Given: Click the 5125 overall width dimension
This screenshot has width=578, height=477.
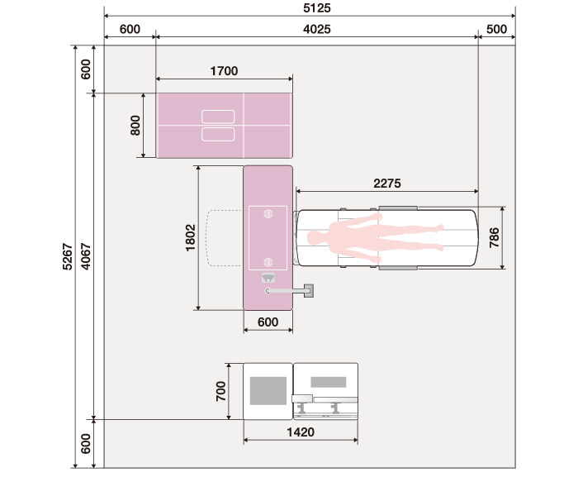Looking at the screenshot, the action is [316, 7].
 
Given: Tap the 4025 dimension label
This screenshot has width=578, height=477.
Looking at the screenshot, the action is [316, 29].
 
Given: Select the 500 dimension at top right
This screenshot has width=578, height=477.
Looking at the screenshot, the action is [496, 29].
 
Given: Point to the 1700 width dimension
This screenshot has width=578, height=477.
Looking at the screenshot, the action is [224, 71].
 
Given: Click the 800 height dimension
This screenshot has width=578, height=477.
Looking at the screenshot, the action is [135, 126].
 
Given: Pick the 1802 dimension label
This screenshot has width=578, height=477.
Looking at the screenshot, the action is [190, 238].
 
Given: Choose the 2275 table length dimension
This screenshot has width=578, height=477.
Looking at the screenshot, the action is [387, 184].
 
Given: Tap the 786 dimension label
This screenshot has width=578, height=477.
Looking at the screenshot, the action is [494, 238].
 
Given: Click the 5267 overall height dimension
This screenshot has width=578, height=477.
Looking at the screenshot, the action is [68, 256].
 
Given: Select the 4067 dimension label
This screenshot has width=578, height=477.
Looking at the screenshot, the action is [86, 256].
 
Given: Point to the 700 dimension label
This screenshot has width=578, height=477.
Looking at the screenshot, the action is [220, 391].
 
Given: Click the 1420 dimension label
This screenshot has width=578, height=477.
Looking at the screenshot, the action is [301, 432].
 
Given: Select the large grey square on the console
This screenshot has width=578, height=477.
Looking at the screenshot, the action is [268, 390].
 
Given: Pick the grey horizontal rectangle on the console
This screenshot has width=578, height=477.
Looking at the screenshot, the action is [329, 382].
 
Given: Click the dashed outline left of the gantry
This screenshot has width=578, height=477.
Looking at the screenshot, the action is [207, 238].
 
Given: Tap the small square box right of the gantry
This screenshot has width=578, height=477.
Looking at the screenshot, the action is [309, 290].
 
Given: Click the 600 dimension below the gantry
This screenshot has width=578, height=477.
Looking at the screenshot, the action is [268, 322].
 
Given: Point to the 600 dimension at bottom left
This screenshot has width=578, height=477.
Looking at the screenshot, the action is [86, 444].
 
